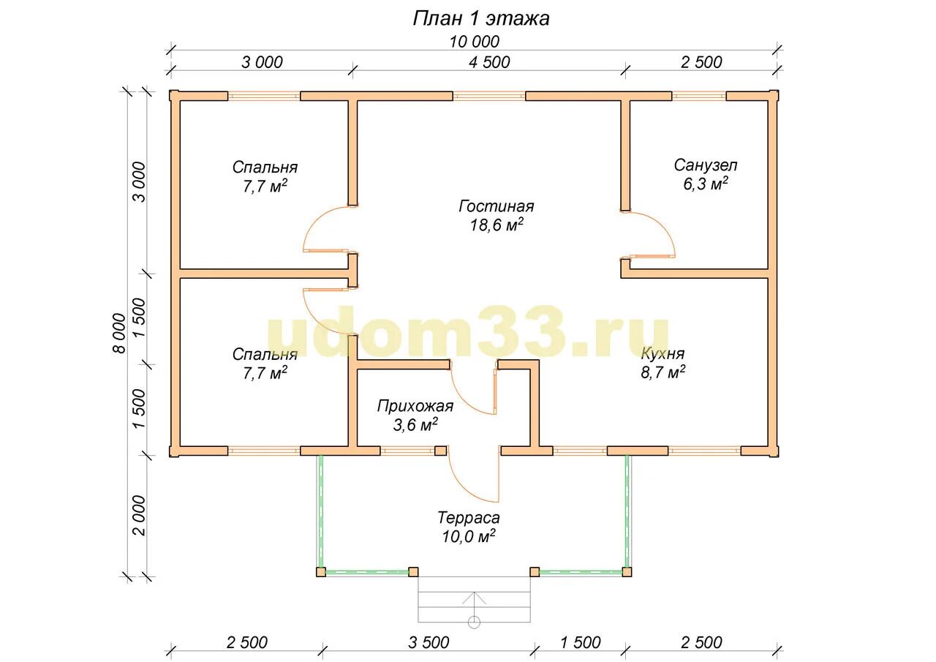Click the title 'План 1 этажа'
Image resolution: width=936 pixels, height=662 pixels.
pos(481,19)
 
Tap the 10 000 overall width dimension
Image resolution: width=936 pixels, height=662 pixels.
pos(475,42)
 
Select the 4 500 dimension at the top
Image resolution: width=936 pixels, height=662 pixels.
pos(489,62)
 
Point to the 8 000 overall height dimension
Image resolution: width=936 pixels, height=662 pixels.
pos(119,333)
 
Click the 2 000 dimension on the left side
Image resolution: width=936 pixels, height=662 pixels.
pos(139,516)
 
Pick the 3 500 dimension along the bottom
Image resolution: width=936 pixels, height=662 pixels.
pos(429,642)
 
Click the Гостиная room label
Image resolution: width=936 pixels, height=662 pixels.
pos(497,206)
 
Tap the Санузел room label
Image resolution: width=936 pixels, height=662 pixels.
pos(706,165)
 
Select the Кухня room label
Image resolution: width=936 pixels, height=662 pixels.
pos(663,353)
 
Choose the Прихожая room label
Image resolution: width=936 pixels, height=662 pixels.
pos(415,406)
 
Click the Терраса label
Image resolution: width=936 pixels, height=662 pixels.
pos(469,518)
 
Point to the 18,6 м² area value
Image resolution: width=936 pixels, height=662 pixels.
pos(497,225)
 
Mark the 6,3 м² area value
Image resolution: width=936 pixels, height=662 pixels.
pos(706,184)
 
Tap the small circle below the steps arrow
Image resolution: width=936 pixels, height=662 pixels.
pos(474,622)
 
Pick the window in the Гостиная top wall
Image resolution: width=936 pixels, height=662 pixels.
pos(489,96)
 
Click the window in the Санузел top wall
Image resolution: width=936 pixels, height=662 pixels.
pos(698,96)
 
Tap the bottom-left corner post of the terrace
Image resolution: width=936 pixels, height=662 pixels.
pos(320,572)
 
